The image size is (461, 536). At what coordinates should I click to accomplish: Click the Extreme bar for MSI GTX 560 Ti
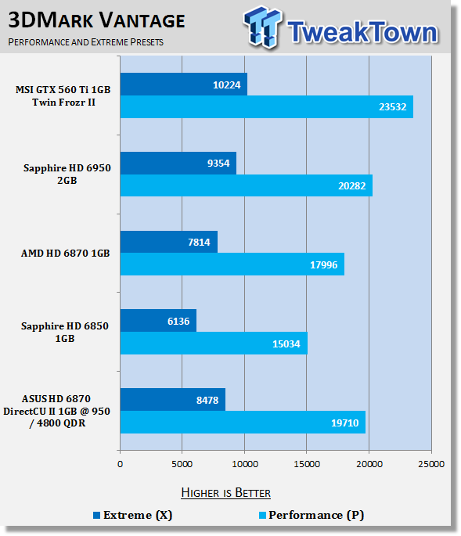[184, 84]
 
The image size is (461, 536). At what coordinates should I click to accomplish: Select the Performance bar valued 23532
[267, 106]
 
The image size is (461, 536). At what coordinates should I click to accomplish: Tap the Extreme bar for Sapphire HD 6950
[178, 163]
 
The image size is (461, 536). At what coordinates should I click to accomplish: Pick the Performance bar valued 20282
[247, 185]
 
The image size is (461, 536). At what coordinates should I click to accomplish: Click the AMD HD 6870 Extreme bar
[169, 242]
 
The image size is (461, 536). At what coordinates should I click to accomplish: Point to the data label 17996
[323, 265]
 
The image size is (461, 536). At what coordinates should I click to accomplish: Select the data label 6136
[178, 322]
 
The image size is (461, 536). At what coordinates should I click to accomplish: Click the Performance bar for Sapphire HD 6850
[214, 344]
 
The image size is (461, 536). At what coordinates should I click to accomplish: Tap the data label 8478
[207, 401]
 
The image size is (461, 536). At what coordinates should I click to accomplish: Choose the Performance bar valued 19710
[243, 423]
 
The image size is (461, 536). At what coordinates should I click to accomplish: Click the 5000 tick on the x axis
[182, 464]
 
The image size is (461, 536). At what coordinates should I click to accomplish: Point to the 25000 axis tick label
[431, 464]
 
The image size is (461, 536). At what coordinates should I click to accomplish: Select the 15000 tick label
[307, 464]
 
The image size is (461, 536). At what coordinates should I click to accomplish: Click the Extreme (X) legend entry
[133, 515]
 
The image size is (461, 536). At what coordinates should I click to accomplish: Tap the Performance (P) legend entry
[312, 515]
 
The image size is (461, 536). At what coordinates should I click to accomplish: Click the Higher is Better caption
[225, 493]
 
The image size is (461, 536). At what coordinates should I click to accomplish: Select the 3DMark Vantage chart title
[96, 20]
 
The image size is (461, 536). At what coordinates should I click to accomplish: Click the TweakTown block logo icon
[262, 27]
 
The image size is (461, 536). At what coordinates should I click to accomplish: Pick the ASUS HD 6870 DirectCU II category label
[57, 411]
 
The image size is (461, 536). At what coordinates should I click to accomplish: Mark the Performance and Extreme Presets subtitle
[86, 42]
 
